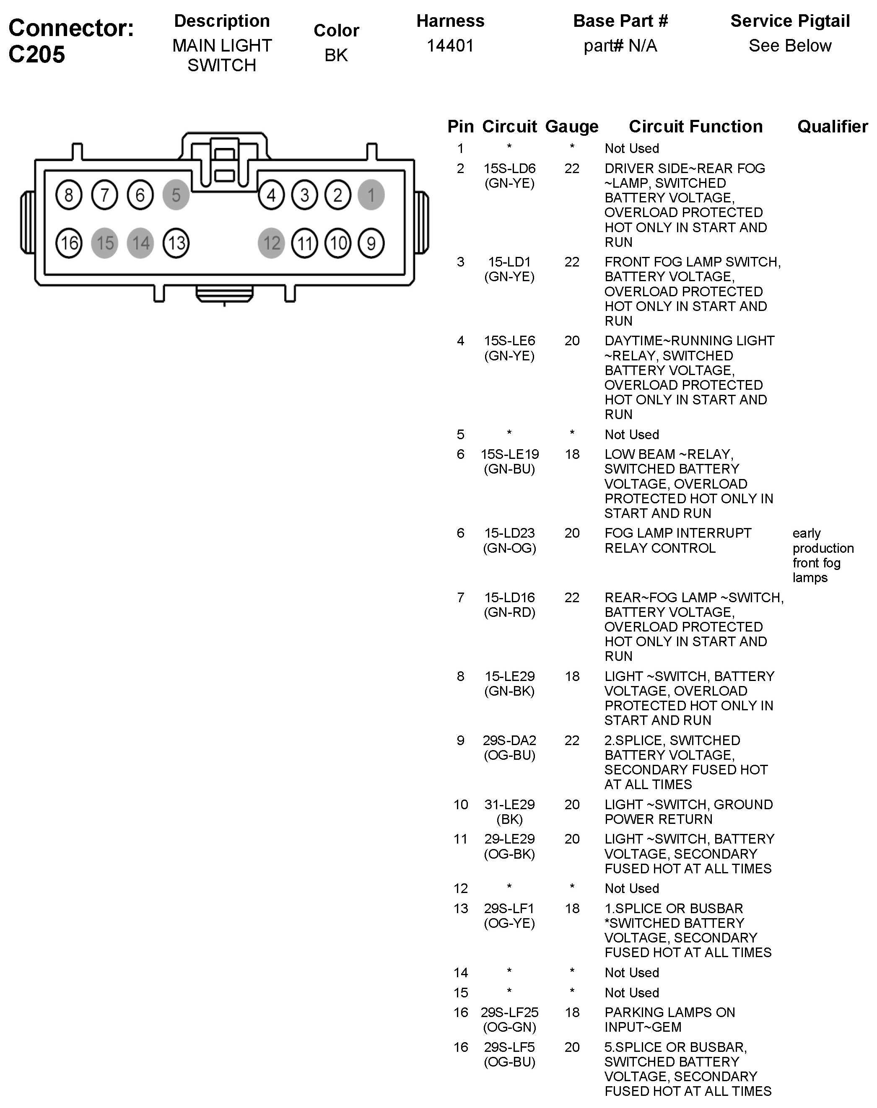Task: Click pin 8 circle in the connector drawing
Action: [69, 195]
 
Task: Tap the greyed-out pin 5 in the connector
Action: [176, 195]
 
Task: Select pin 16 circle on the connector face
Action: [69, 243]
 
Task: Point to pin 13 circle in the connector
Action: [176, 243]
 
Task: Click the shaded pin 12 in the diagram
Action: [272, 243]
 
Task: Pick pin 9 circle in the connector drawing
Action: [371, 243]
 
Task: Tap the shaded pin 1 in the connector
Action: [371, 195]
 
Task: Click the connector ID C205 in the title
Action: [37, 54]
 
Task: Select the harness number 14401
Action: [450, 46]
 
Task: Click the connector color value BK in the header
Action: [336, 55]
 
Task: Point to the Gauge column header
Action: [571, 126]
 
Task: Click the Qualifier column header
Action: [832, 126]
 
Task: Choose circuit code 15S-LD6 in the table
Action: [509, 168]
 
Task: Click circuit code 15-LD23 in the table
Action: [509, 533]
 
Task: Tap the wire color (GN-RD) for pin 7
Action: [509, 612]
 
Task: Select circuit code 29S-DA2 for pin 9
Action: [509, 740]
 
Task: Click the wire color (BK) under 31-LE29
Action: [509, 820]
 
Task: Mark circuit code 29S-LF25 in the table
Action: [509, 1012]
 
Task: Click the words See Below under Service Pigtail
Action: [790, 46]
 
